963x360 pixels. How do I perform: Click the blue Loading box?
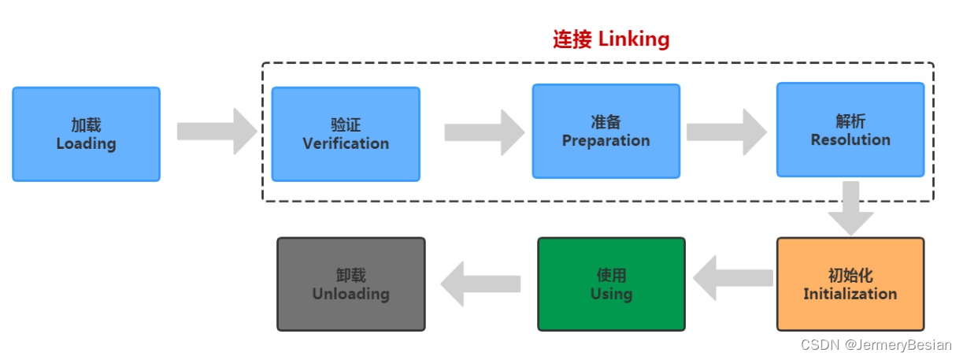click(86, 134)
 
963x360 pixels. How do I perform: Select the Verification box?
click(346, 134)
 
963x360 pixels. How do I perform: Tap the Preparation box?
click(606, 131)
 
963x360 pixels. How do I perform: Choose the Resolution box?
click(850, 130)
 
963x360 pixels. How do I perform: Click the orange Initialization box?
click(850, 284)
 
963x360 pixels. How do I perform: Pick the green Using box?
click(611, 284)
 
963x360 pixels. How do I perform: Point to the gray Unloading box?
click(350, 284)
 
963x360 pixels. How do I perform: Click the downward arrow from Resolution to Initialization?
click(850, 208)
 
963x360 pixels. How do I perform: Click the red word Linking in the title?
click(634, 39)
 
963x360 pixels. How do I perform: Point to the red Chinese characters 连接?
click(572, 39)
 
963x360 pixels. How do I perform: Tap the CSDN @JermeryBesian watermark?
click(876, 345)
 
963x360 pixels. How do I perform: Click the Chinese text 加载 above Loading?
click(86, 125)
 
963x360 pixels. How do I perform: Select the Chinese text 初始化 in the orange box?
click(850, 276)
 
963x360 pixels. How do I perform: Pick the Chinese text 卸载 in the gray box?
click(350, 276)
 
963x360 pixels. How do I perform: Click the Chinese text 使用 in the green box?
click(611, 276)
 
